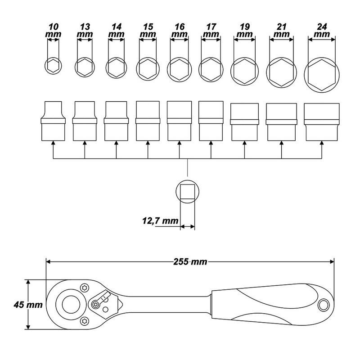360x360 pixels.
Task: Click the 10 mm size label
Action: [x=53, y=30]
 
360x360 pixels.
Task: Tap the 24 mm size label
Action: [x=322, y=30]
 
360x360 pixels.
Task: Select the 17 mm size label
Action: [x=211, y=30]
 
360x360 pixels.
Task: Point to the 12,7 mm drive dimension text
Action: [x=160, y=221]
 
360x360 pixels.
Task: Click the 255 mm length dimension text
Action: [x=190, y=262]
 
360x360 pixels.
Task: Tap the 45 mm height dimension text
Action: [x=28, y=305]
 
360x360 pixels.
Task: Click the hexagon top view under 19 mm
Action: [x=244, y=71]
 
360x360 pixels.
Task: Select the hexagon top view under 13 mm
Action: [x=85, y=67]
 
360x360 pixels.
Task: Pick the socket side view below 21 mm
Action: [x=282, y=122]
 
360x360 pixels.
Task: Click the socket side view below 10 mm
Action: [x=53, y=121]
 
